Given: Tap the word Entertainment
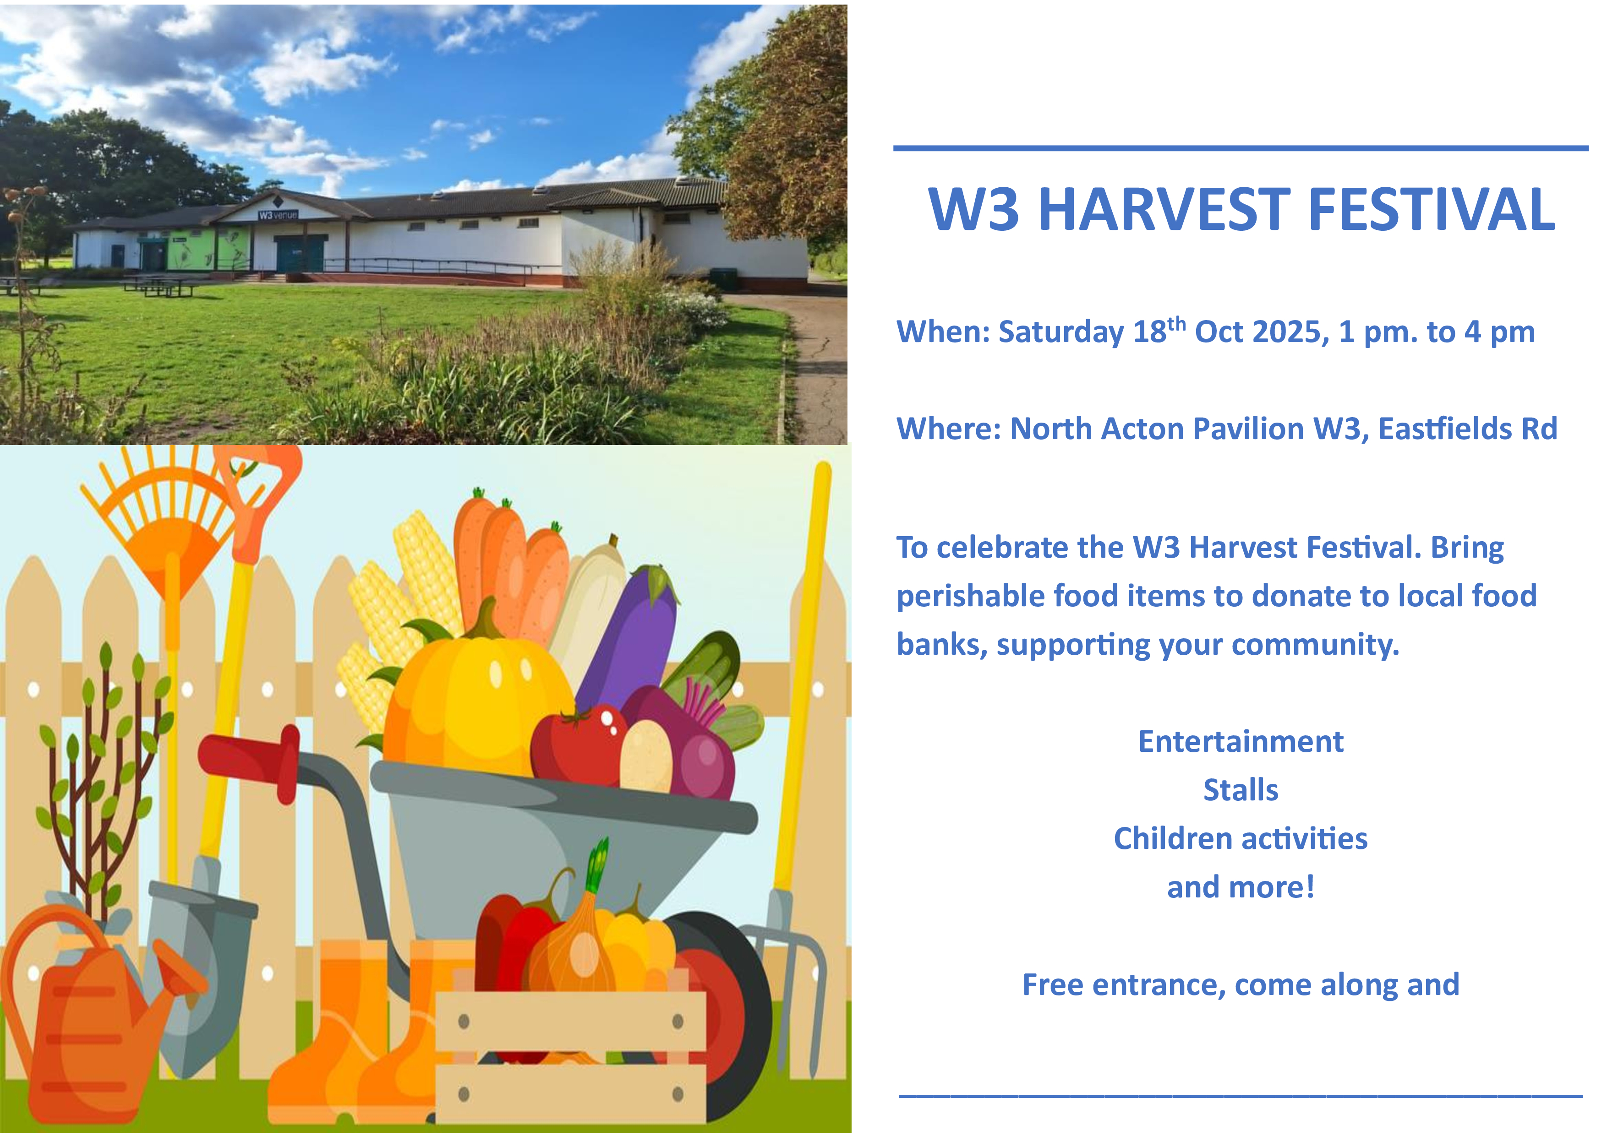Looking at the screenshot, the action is [x=1241, y=741].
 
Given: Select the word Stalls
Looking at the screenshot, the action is [x=1241, y=790].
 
